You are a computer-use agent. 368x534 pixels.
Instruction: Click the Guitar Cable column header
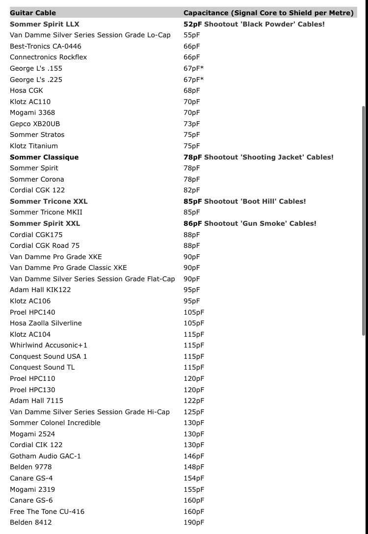(x=33, y=13)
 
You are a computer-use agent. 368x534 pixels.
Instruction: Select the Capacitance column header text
(x=268, y=13)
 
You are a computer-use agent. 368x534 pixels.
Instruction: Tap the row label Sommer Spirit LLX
(x=44, y=24)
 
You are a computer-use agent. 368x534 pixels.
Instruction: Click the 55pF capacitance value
(x=191, y=35)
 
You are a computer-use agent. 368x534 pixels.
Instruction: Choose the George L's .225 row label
(x=36, y=80)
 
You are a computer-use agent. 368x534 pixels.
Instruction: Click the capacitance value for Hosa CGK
(x=191, y=90)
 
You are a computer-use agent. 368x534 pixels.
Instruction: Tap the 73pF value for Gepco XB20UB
(x=191, y=124)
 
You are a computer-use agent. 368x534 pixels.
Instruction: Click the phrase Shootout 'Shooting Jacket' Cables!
(x=268, y=157)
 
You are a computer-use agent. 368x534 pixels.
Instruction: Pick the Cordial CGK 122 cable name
(x=37, y=190)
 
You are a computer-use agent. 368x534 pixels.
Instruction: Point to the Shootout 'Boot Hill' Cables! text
(x=255, y=201)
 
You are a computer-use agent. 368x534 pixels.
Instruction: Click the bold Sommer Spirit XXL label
(x=45, y=223)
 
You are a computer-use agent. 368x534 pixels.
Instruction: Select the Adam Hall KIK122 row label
(x=40, y=290)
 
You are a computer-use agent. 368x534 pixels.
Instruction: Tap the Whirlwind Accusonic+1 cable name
(x=49, y=345)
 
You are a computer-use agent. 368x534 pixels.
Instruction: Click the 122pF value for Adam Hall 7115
(x=194, y=400)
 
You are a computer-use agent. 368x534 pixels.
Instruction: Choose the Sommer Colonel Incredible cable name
(x=55, y=423)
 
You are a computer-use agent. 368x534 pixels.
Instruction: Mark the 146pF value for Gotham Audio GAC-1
(x=194, y=456)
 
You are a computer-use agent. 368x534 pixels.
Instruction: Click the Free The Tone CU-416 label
(x=47, y=511)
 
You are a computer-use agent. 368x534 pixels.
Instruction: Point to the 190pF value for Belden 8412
(x=194, y=522)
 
